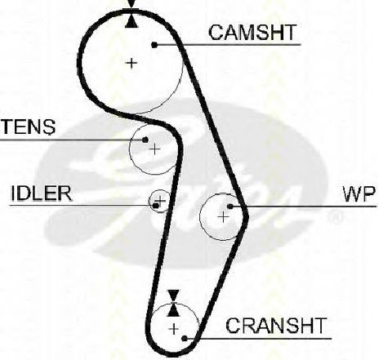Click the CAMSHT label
252,33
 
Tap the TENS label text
29,127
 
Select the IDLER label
42,193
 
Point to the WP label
359,194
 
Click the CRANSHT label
276,326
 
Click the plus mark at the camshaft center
132,63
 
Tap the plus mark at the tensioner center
155,149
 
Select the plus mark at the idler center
160,201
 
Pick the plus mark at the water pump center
223,216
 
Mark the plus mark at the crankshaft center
174,329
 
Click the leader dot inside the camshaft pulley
154,45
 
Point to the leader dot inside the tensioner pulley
145,140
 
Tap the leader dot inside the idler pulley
156,206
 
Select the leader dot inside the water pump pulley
230,207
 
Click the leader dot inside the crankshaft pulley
185,339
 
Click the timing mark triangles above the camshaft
132,14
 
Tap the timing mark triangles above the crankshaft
173,303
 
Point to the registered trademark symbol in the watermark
335,217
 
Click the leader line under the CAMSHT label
228,45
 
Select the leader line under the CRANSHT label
258,339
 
